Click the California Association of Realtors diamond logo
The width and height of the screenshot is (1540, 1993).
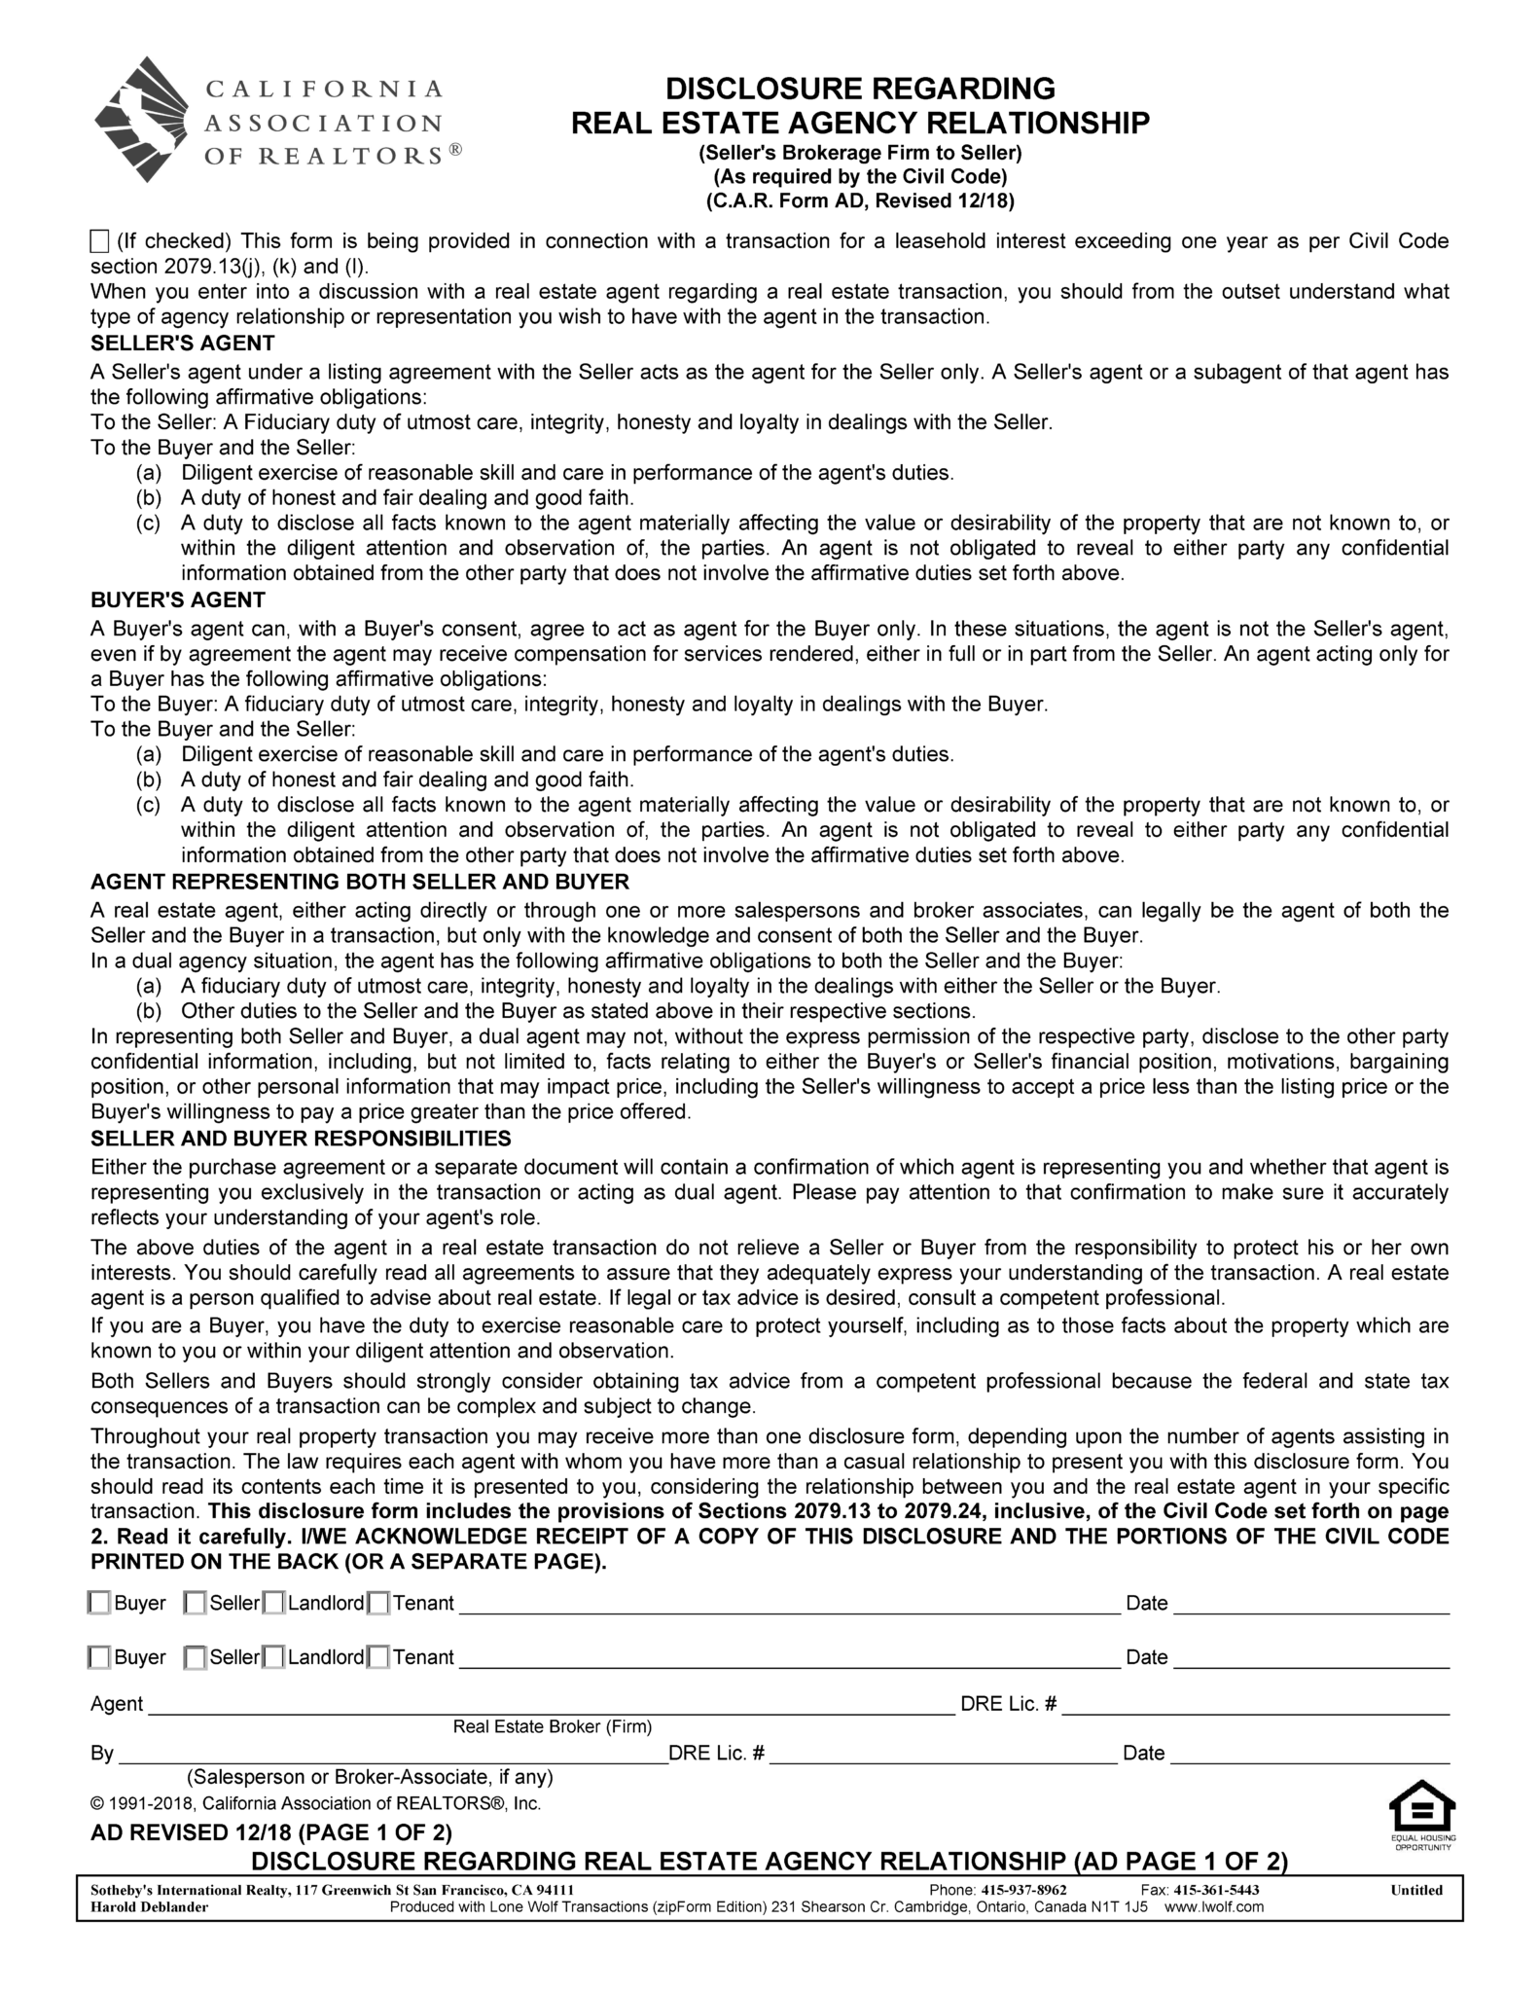coord(145,119)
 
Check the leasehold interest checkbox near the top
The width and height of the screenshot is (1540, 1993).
coord(99,241)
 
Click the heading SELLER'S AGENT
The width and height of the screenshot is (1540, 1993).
coord(182,344)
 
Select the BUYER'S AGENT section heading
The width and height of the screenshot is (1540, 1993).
coord(177,600)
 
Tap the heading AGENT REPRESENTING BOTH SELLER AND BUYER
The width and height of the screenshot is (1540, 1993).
coord(359,882)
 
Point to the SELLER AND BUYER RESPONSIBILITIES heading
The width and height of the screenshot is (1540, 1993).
coord(301,1139)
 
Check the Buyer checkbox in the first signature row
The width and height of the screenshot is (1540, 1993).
coord(99,1603)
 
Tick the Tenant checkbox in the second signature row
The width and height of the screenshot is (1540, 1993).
coord(378,1657)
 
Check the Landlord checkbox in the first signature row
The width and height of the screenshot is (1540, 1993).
coord(274,1603)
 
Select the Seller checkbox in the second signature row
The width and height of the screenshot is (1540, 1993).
coord(195,1657)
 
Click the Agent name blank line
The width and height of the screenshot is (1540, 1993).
coord(550,1703)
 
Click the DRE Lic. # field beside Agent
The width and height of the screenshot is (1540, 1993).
coord(1255,1703)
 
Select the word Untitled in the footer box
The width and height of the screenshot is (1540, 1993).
coord(1416,1890)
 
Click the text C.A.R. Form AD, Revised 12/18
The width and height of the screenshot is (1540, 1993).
coord(860,201)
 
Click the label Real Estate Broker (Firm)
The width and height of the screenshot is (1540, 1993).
coord(552,1726)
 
